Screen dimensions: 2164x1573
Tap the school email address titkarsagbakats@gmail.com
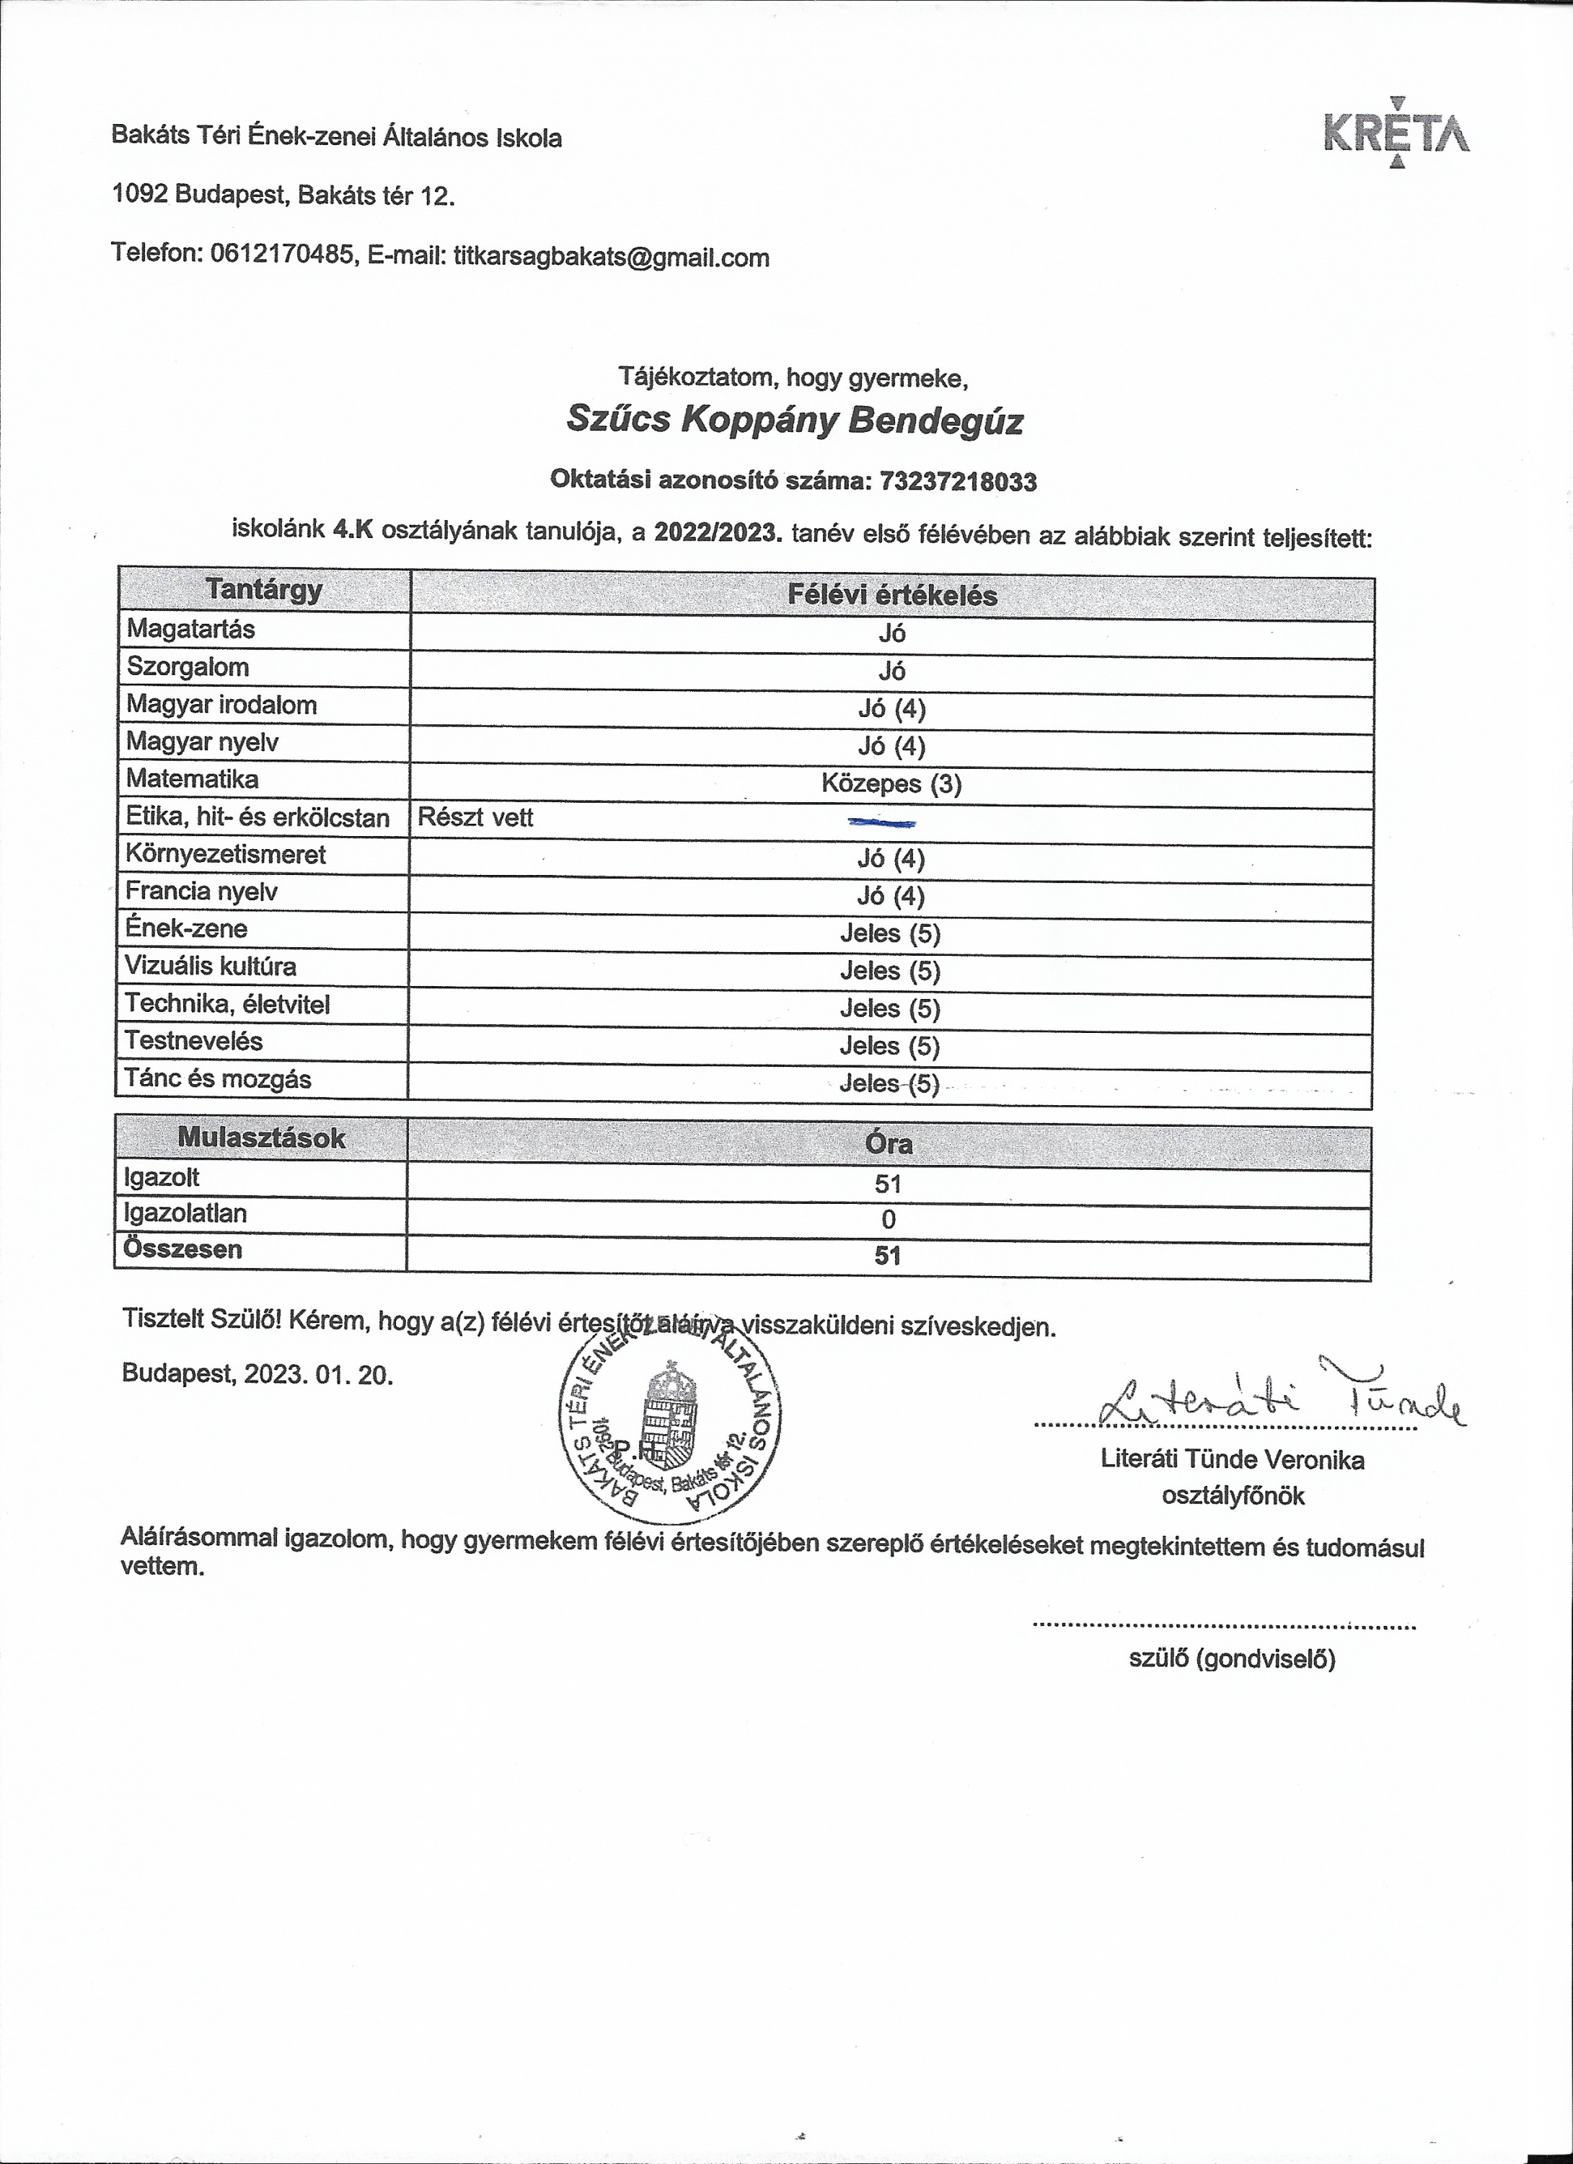click(x=612, y=258)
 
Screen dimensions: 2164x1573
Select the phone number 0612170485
click(x=281, y=255)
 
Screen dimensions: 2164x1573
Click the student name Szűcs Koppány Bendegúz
click(x=795, y=421)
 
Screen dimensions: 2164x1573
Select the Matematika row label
click(x=192, y=780)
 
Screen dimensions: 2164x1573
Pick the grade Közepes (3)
click(x=891, y=784)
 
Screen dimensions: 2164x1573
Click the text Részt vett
click(x=475, y=818)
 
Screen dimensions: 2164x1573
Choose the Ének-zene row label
click(x=186, y=928)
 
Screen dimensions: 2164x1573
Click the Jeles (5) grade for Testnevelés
click(x=889, y=1047)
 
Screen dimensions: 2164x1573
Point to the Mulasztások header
click(x=260, y=1138)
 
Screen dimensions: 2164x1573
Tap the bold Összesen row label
click(x=182, y=1250)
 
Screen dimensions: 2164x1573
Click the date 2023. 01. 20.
click(x=317, y=1374)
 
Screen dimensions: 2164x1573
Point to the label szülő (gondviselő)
click(x=1232, y=1659)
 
